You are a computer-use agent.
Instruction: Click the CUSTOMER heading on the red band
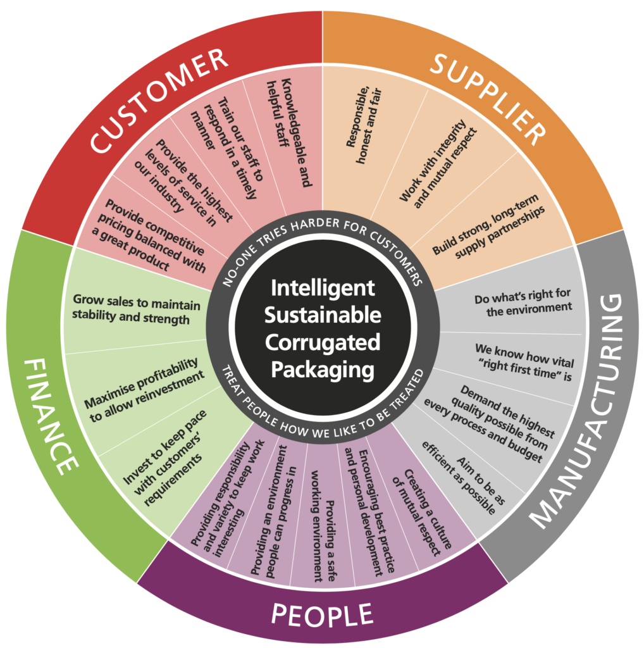coord(159,101)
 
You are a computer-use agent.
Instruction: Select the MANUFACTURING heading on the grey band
coord(578,410)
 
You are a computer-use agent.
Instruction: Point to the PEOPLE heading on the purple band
coord(322,614)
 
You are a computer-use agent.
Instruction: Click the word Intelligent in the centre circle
coord(323,289)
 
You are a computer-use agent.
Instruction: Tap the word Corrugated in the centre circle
coord(323,342)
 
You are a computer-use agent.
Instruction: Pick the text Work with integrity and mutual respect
coord(438,164)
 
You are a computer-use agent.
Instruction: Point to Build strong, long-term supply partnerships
coord(488,227)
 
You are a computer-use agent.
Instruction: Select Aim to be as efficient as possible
coord(463,477)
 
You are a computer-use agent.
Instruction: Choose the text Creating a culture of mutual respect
coord(422,513)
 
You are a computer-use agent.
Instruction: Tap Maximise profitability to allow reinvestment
coord(145,390)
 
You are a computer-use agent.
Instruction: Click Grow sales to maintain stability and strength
coord(136,309)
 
